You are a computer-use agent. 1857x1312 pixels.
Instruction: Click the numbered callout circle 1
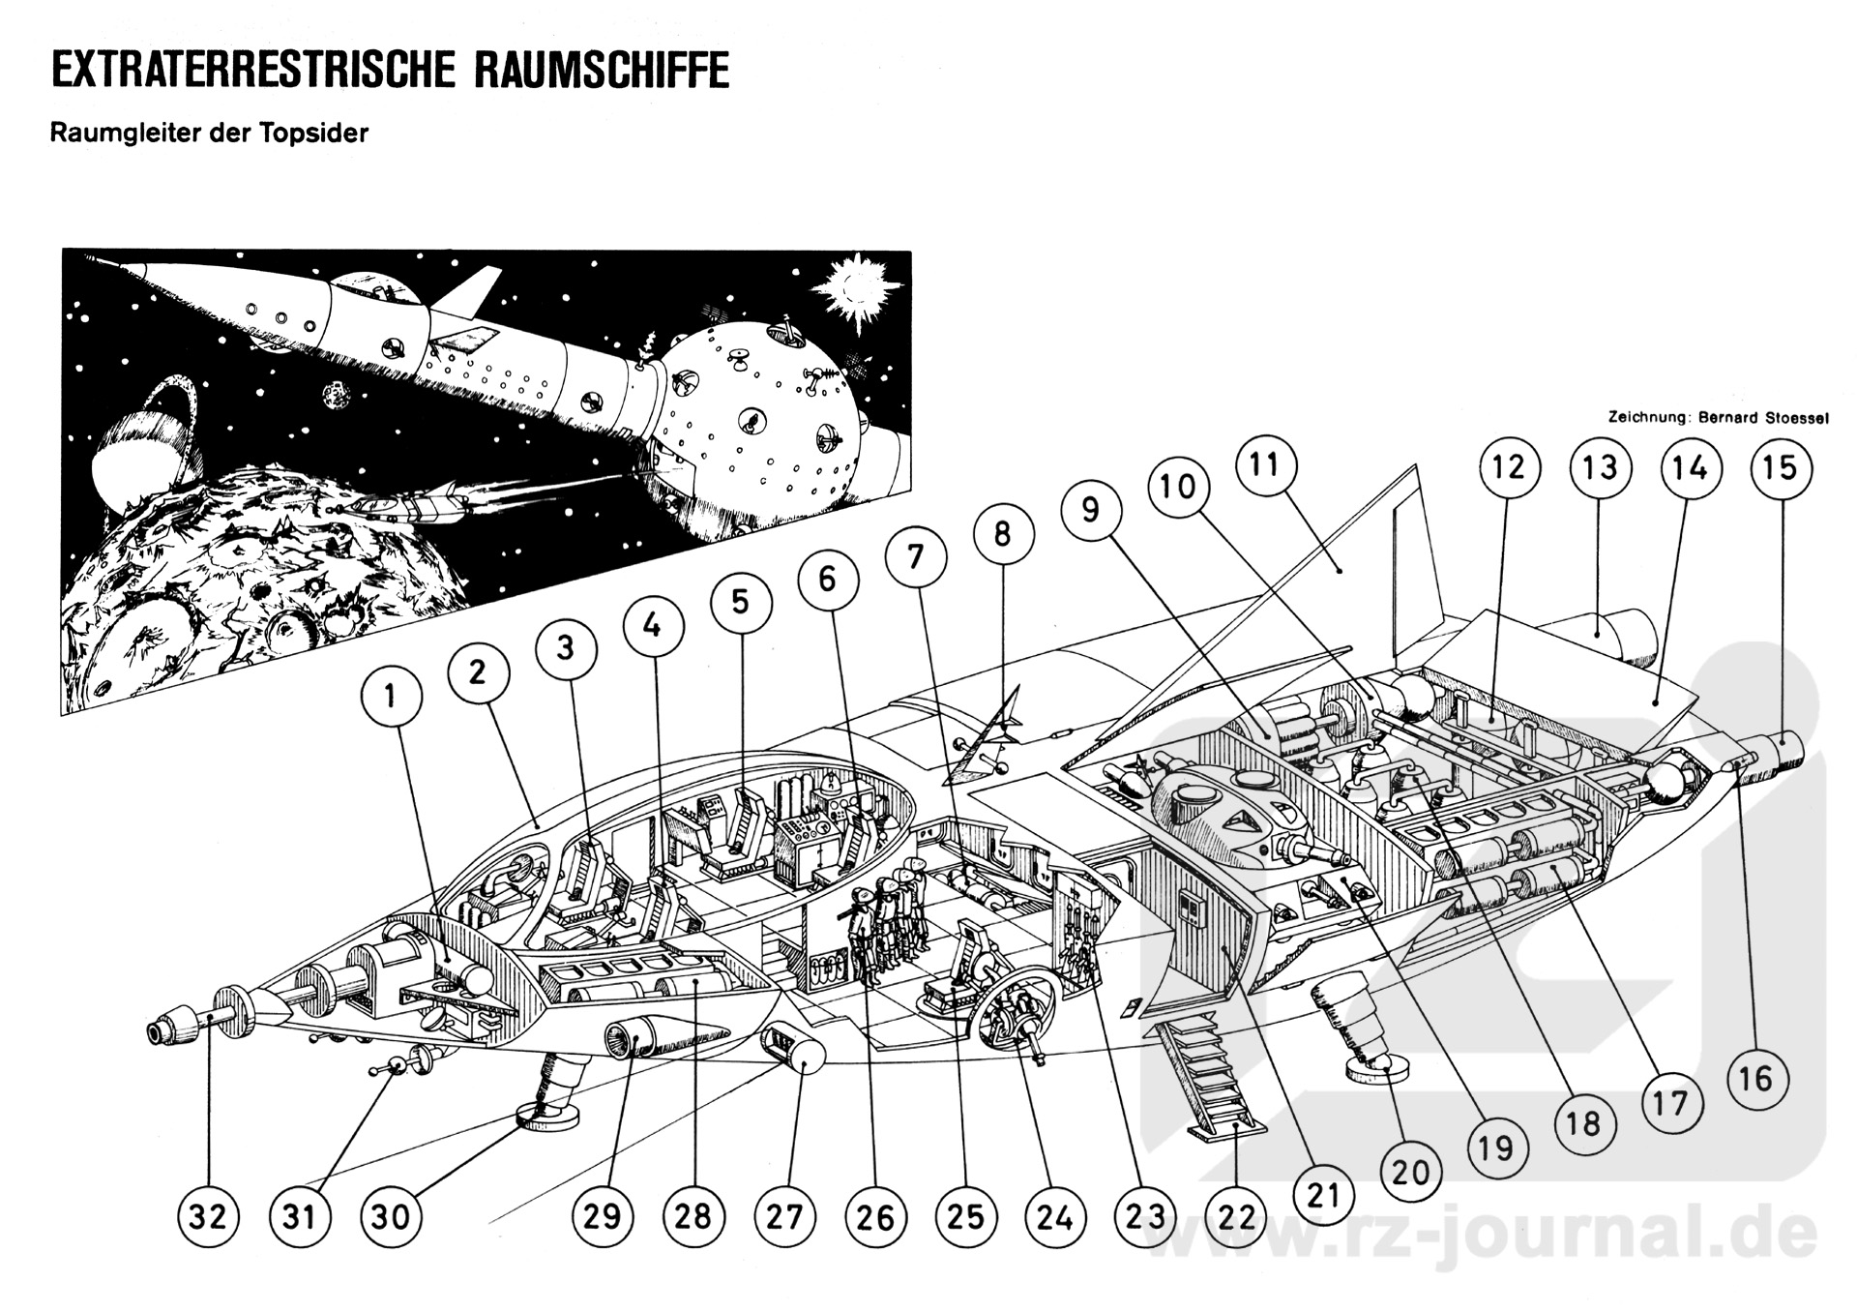point(391,695)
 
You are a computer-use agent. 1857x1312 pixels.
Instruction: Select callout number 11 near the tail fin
point(1265,464)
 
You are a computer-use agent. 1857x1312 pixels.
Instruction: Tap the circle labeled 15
point(1781,468)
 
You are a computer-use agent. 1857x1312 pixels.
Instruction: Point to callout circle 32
point(207,1216)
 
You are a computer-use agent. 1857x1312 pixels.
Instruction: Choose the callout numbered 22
point(1237,1216)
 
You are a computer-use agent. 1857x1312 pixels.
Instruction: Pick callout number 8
point(1003,533)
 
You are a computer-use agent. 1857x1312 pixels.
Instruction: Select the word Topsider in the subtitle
point(312,133)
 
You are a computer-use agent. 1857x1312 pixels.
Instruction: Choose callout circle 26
point(875,1216)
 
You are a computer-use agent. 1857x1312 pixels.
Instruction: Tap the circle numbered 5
point(740,602)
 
